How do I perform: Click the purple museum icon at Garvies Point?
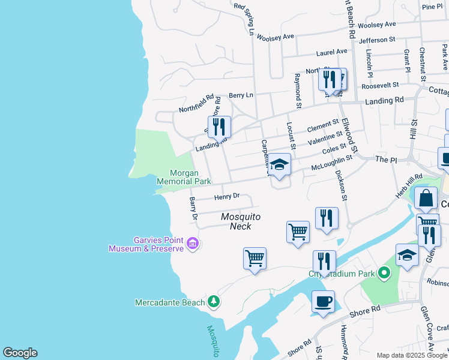pos(193,244)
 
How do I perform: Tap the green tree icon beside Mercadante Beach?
pos(213,301)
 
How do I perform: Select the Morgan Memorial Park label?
pos(184,176)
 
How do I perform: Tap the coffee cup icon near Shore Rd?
pos(323,301)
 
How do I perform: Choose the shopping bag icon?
pos(426,198)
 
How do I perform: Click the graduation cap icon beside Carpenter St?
pos(279,165)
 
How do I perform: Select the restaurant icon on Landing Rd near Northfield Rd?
pos(220,127)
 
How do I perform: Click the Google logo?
pos(20,353)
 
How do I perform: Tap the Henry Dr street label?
pos(227,196)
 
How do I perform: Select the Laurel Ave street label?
pos(332,52)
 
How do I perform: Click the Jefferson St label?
pos(377,40)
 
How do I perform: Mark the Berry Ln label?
pos(241,95)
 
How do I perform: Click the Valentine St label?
pos(325,138)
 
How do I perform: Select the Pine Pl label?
pos(432,7)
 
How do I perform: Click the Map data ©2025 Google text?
pos(412,355)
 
